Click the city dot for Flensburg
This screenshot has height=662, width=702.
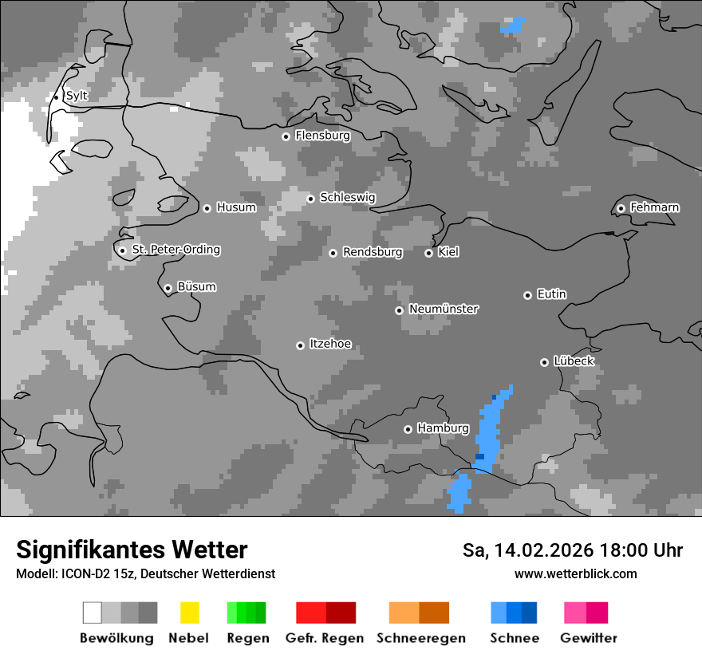point(286,136)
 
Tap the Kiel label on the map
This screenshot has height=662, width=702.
point(448,252)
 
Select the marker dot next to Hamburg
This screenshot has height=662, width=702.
point(408,429)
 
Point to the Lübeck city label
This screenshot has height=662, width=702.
point(574,361)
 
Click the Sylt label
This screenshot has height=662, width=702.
point(77,96)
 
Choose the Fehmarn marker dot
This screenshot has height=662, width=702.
point(621,208)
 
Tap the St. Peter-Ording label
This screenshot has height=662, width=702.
point(175,250)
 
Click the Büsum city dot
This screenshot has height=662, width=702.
point(168,288)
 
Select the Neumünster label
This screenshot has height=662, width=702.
point(444,309)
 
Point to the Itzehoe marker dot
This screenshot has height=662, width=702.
point(300,345)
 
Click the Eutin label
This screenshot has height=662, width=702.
point(551,294)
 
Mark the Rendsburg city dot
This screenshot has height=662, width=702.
point(333,253)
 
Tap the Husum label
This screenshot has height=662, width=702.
point(236,207)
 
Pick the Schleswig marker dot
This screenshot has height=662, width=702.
point(310,199)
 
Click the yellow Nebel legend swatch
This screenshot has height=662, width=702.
point(189,613)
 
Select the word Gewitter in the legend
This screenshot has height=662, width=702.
point(589,638)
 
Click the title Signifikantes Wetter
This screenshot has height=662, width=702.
point(132,550)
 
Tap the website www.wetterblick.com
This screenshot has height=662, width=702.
point(575,573)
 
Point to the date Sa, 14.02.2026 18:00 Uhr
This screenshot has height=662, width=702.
point(573,550)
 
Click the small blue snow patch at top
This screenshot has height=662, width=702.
point(511,26)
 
